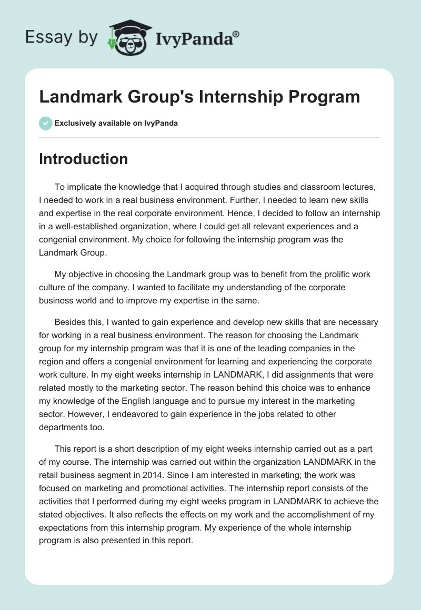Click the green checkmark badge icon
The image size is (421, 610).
[45, 123]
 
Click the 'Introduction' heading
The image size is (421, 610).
[83, 159]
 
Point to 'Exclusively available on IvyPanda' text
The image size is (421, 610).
[116, 123]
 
